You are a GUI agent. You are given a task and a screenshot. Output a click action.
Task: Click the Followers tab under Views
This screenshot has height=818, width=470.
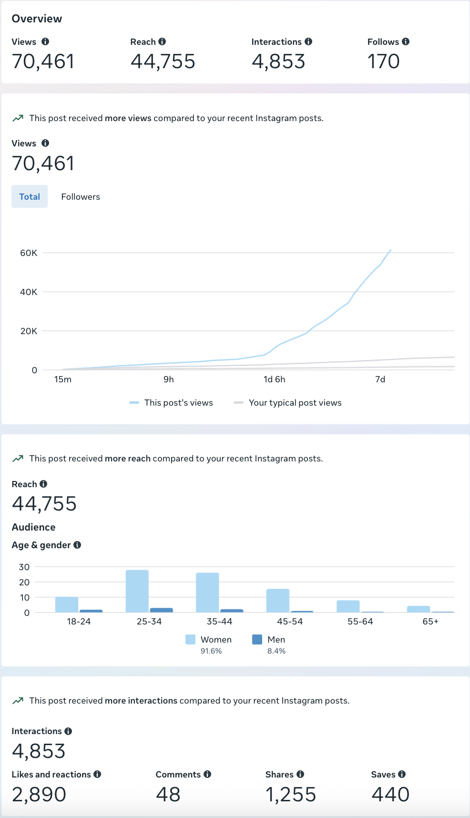(80, 197)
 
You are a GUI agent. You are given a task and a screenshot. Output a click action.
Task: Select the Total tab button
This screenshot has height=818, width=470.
(30, 197)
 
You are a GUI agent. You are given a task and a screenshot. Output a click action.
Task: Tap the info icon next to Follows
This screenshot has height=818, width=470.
(406, 41)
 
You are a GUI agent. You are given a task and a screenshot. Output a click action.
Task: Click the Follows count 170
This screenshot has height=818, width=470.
(383, 61)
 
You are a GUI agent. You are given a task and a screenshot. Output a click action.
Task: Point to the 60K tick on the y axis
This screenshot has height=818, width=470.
(29, 253)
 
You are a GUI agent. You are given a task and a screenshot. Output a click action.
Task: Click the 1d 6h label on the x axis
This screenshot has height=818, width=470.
(274, 379)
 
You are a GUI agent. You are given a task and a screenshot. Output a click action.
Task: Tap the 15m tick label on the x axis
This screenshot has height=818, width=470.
(63, 379)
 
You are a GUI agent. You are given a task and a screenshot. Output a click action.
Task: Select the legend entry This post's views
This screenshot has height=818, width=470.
(178, 403)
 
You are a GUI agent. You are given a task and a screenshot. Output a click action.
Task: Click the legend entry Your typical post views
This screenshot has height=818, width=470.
(295, 403)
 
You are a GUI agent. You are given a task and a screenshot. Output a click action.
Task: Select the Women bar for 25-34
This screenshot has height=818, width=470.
(137, 591)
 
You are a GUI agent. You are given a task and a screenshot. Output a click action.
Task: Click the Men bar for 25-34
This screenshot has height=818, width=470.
(161, 610)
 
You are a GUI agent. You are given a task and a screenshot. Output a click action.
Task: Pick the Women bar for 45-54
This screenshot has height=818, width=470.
(278, 601)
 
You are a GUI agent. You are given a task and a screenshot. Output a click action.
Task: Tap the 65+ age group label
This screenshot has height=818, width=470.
(430, 622)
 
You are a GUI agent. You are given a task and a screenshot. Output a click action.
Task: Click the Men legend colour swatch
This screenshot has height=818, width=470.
(257, 640)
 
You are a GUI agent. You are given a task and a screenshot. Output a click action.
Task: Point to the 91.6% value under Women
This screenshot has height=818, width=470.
(211, 651)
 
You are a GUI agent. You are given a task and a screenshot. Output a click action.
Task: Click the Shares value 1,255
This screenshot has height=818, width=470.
(291, 795)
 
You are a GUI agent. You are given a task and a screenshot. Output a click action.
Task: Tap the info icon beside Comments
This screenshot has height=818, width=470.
(207, 774)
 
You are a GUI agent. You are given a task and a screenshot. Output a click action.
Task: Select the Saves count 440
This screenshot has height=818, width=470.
(390, 795)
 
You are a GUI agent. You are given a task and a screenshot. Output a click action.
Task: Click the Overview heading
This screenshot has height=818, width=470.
(37, 19)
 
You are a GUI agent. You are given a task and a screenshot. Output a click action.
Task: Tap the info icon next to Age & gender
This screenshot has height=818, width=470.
(77, 545)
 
